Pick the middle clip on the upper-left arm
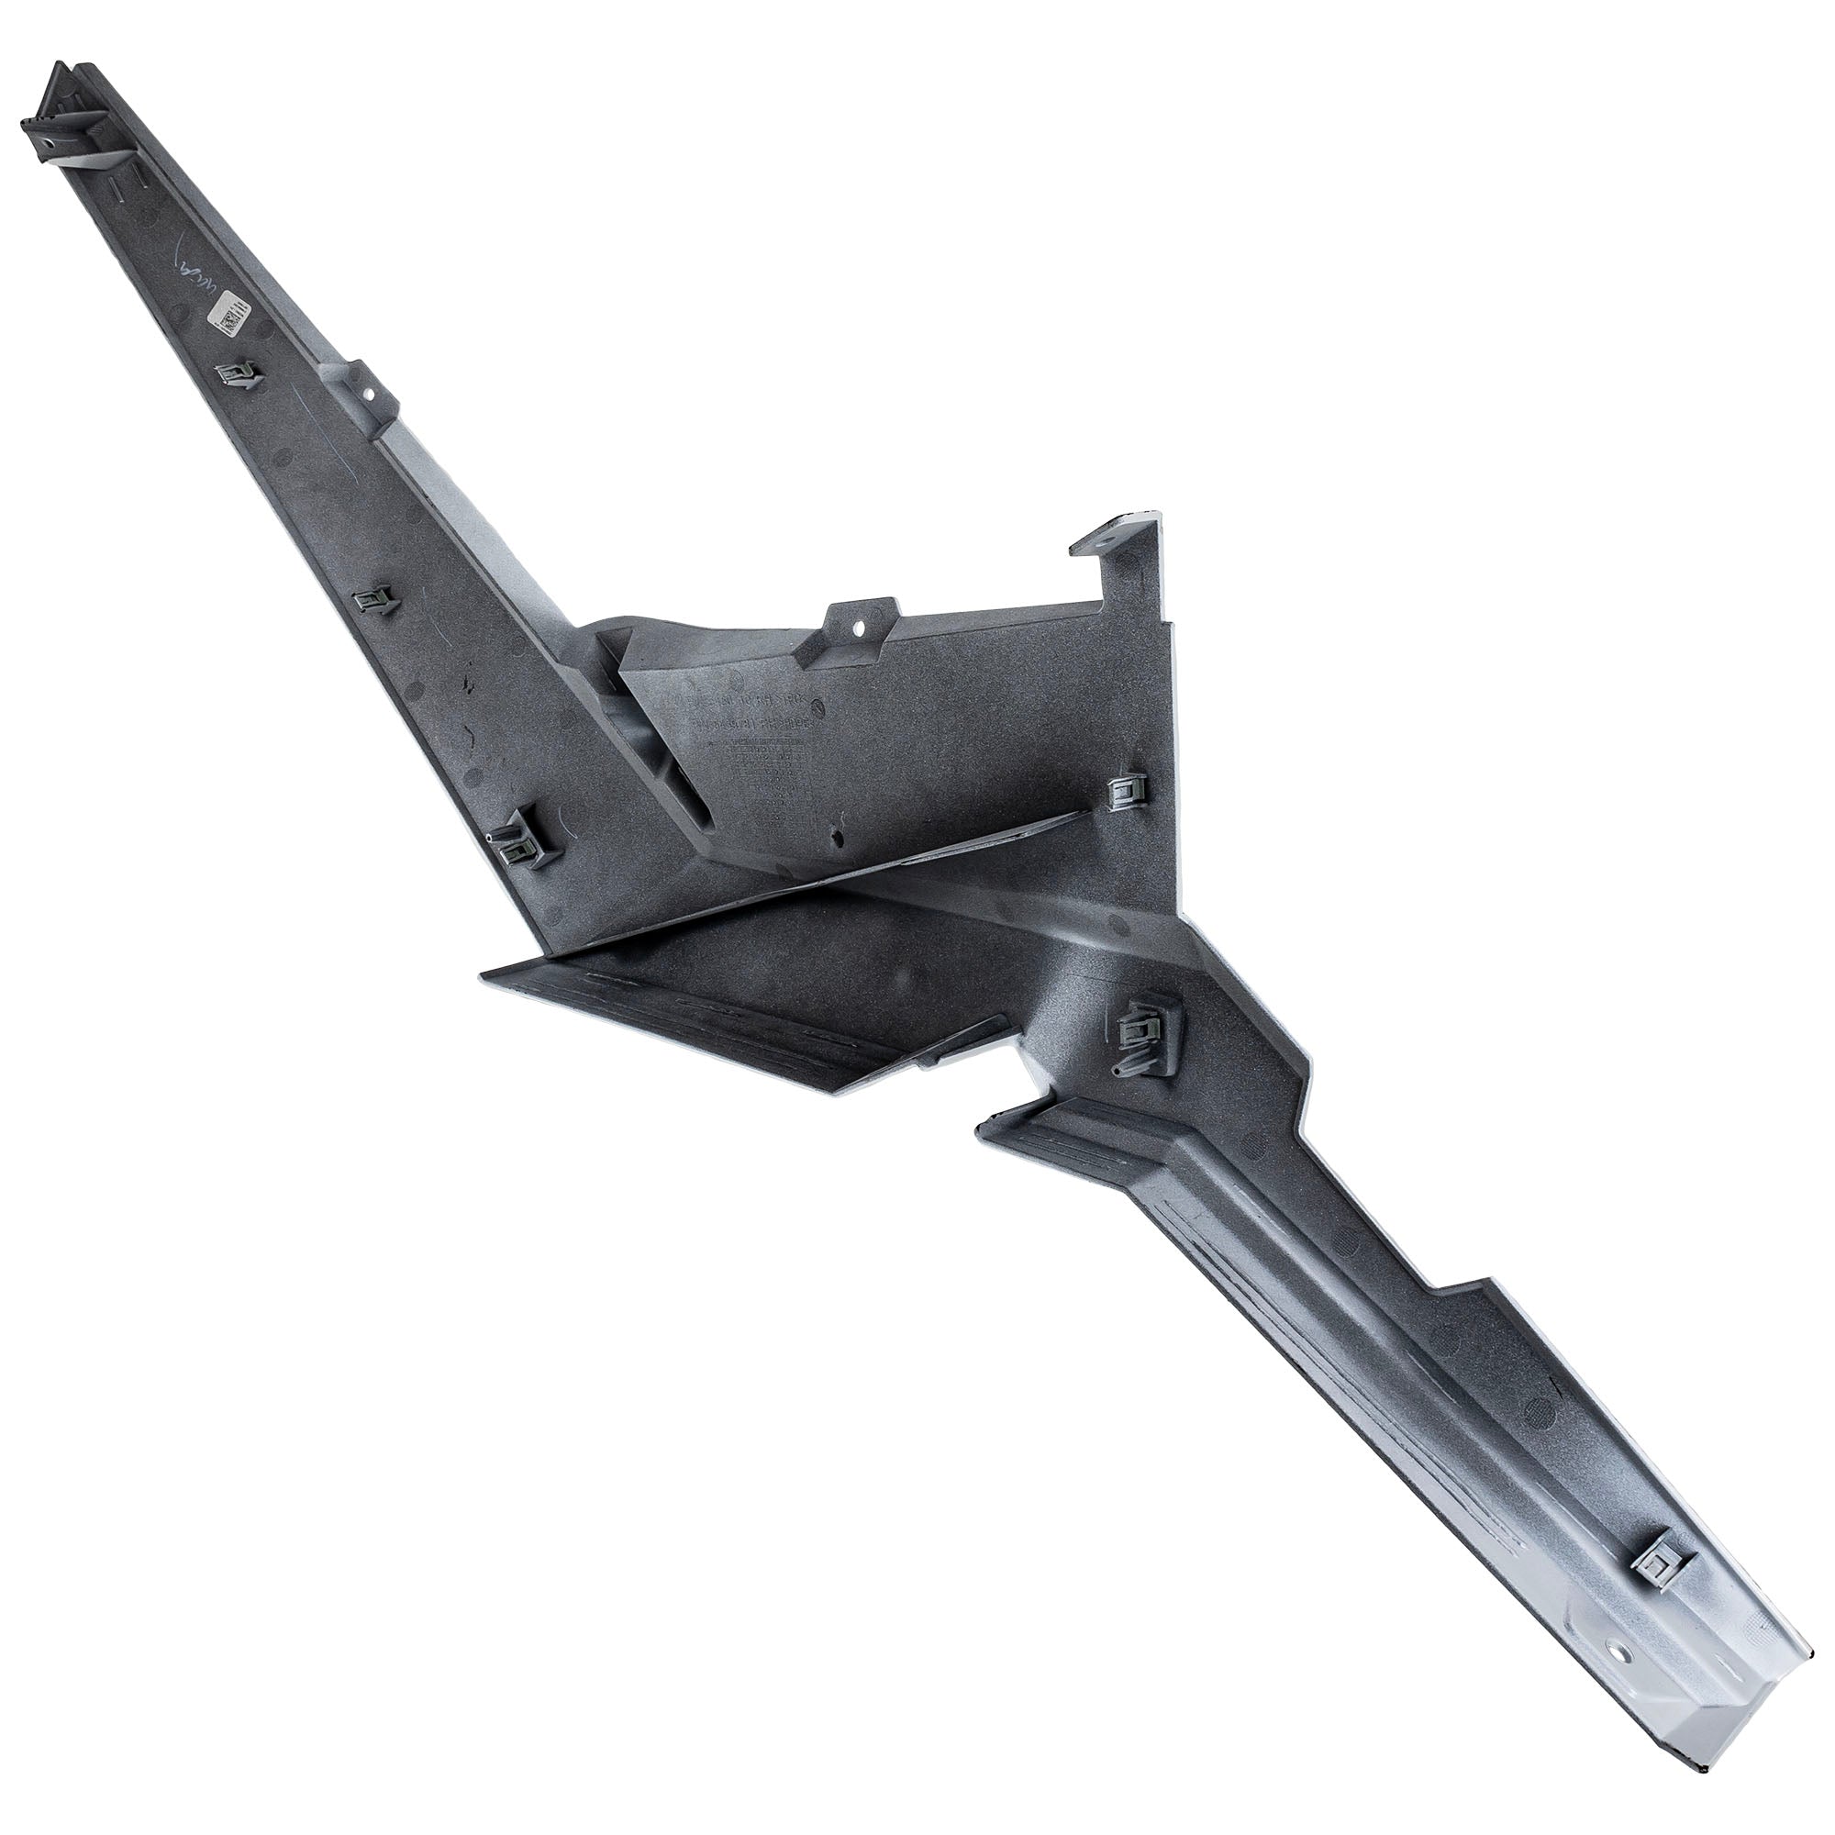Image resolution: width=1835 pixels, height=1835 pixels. pos(373,598)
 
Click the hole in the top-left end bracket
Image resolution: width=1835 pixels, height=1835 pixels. pos(44,144)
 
